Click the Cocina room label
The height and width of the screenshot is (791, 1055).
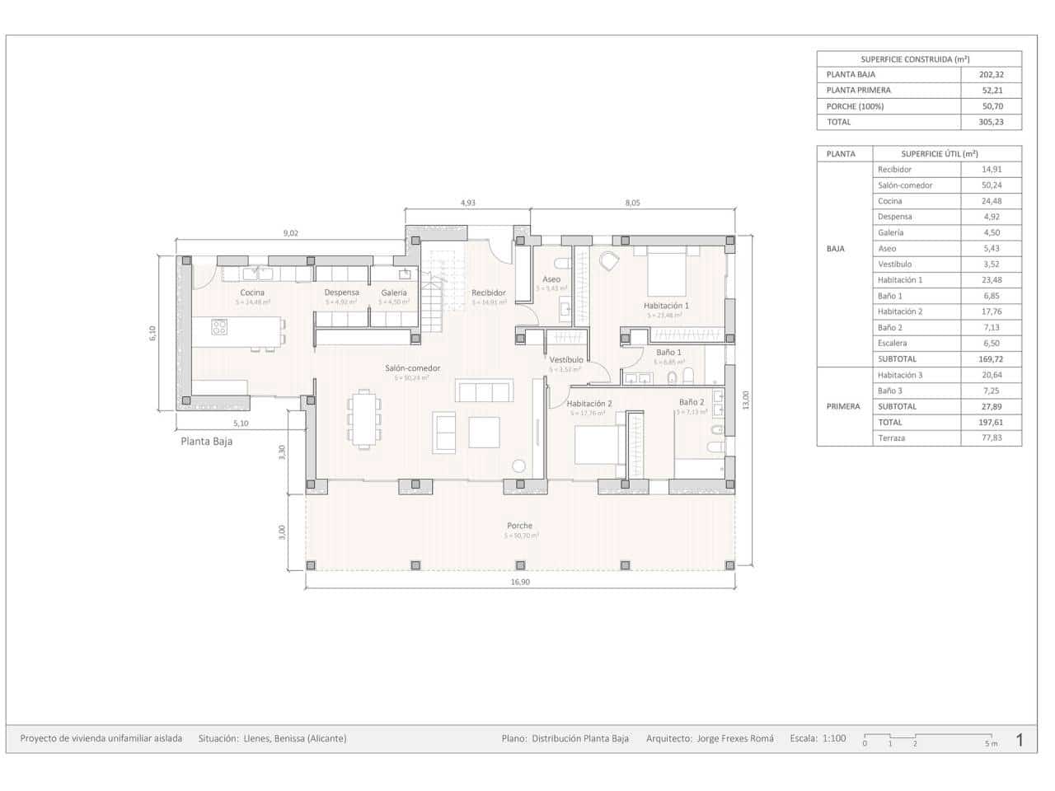point(252,293)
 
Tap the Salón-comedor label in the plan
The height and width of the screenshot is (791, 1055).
point(412,368)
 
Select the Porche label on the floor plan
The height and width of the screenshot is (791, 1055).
point(519,526)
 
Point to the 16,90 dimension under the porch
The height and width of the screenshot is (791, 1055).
point(520,582)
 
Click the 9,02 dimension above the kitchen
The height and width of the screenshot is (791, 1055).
point(290,233)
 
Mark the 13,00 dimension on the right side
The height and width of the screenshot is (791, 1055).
point(746,400)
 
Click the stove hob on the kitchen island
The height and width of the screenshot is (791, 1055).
point(219,327)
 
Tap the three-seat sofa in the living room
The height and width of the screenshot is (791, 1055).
point(485,391)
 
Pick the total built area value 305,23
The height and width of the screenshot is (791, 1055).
point(991,122)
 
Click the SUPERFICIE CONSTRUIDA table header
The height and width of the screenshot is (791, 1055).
point(918,59)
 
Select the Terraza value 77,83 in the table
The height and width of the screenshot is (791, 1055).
point(991,438)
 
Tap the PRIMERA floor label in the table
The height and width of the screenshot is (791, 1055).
point(842,406)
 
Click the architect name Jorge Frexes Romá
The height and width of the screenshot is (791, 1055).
point(734,738)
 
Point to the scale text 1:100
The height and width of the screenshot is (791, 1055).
point(834,738)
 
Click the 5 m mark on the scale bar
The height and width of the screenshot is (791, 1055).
point(991,743)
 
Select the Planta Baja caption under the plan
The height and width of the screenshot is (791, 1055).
point(206,441)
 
